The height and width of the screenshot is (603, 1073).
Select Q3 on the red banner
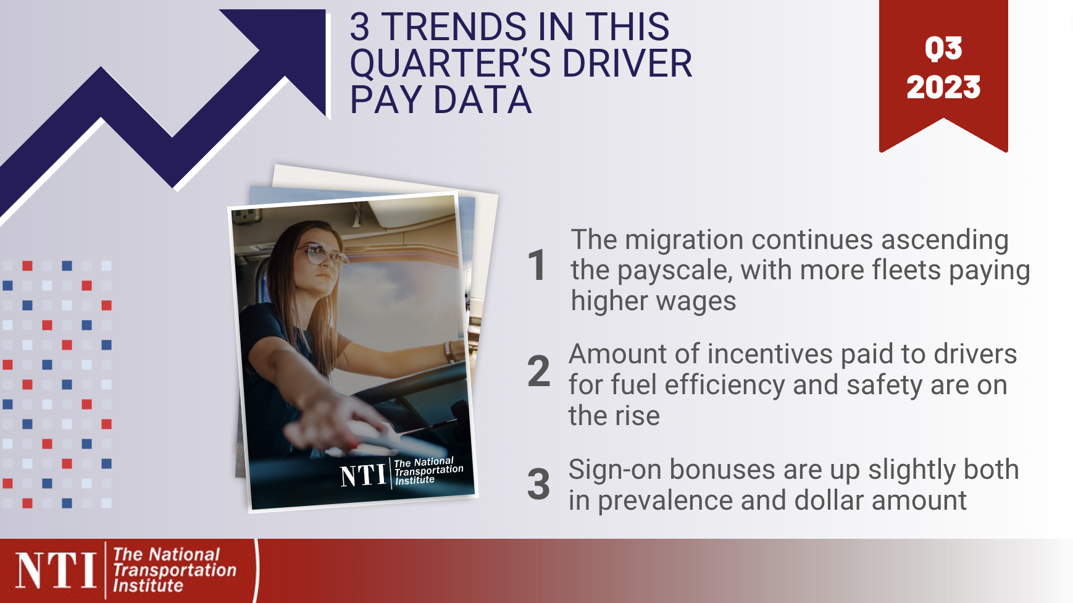click(x=943, y=48)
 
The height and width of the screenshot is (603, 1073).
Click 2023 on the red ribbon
click(x=943, y=87)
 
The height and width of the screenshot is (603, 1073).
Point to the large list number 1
click(x=537, y=266)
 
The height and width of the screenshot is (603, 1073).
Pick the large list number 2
click(x=538, y=371)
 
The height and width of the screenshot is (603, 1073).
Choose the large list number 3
click(x=538, y=484)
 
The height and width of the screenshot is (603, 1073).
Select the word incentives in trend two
click(x=770, y=354)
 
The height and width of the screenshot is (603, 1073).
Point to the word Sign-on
click(x=616, y=470)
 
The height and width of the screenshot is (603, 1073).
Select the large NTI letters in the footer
click(x=56, y=570)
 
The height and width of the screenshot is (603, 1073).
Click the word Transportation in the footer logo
click(x=175, y=570)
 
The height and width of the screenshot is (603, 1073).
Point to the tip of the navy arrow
click(x=325, y=11)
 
